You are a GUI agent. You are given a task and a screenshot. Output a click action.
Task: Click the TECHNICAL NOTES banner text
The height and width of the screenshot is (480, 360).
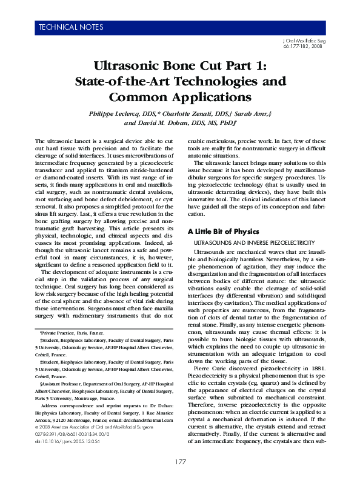pos(72,27)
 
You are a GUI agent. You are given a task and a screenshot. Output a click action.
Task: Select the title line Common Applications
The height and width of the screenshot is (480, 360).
pos(179,96)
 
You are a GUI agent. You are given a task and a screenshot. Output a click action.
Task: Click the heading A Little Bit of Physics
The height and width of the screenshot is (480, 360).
pos(223,232)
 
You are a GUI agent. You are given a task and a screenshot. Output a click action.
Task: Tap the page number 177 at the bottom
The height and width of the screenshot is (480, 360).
pos(179,462)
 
